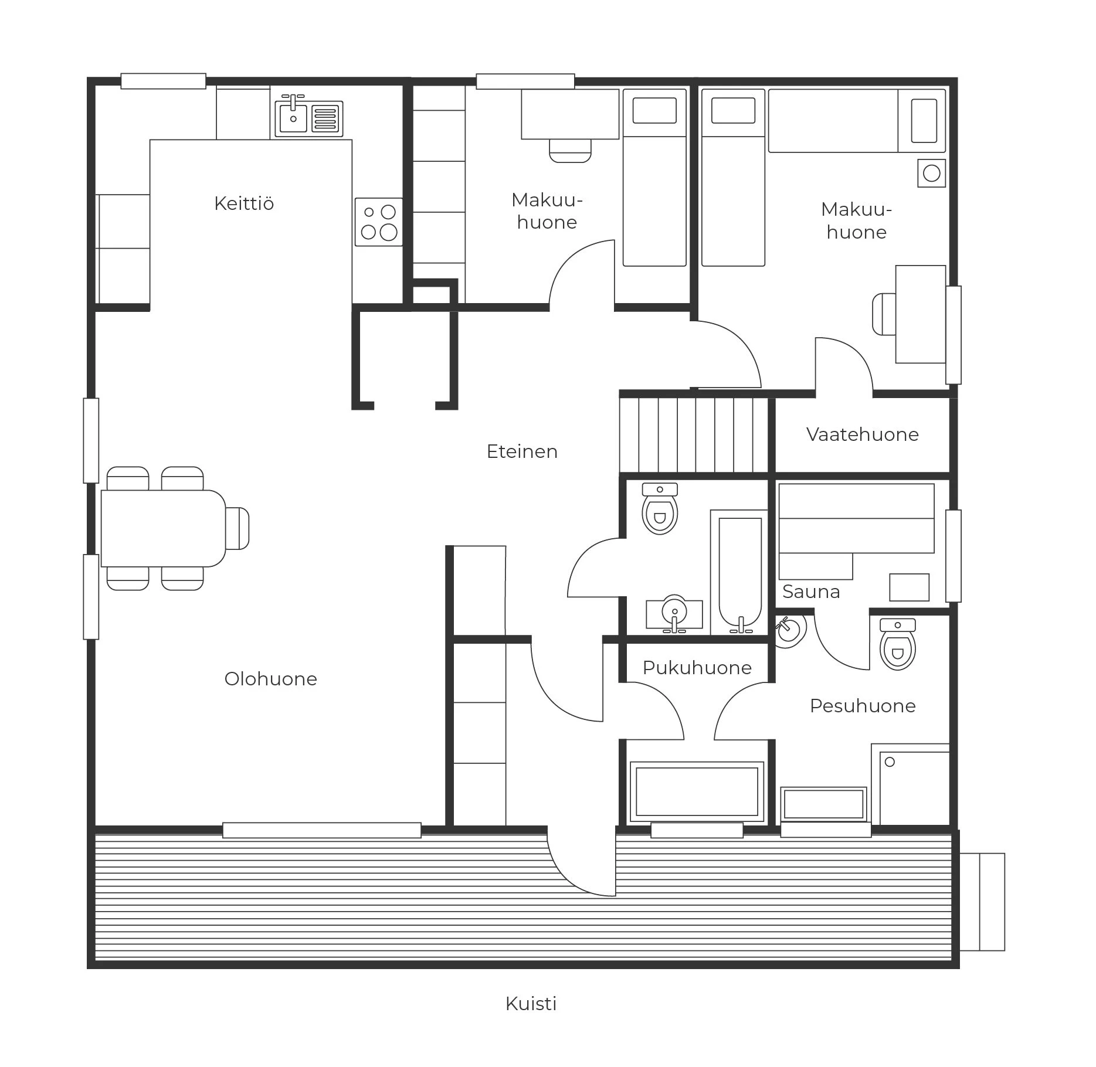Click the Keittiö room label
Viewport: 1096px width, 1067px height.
click(244, 203)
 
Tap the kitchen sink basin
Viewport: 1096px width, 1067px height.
click(293, 118)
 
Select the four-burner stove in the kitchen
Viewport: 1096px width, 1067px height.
click(379, 222)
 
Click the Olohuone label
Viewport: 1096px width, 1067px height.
click(271, 679)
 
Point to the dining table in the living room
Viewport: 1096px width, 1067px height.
click(164, 529)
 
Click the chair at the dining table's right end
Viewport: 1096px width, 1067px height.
click(237, 529)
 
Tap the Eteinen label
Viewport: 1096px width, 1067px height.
click(522, 451)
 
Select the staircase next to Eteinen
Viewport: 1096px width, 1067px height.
click(694, 434)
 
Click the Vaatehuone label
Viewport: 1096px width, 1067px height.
click(863, 434)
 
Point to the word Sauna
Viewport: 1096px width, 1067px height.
click(812, 592)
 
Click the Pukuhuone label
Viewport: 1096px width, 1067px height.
click(697, 668)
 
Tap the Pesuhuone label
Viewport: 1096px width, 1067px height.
click(863, 706)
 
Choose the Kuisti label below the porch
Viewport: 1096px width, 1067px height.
click(531, 1004)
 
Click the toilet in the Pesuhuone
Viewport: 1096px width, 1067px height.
click(898, 644)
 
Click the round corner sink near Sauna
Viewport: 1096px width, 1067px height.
click(790, 631)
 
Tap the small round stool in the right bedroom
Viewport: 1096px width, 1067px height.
click(932, 174)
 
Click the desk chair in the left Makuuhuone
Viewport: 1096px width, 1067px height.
click(570, 151)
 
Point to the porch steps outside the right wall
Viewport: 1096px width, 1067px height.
click(982, 902)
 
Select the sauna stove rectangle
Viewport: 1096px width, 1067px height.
click(910, 587)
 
